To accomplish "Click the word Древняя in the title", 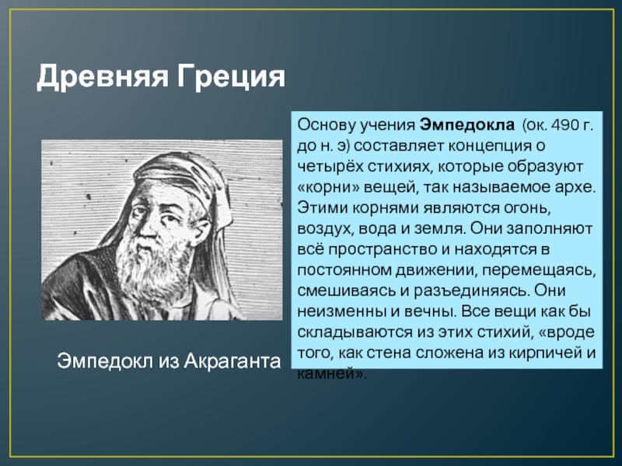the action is [103, 76].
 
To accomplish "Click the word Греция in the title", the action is [231, 76].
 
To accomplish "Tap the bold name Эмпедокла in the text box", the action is [467, 125].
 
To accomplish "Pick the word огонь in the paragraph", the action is [527, 207].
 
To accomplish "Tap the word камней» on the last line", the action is [332, 374].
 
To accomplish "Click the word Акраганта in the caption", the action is [232, 361].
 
